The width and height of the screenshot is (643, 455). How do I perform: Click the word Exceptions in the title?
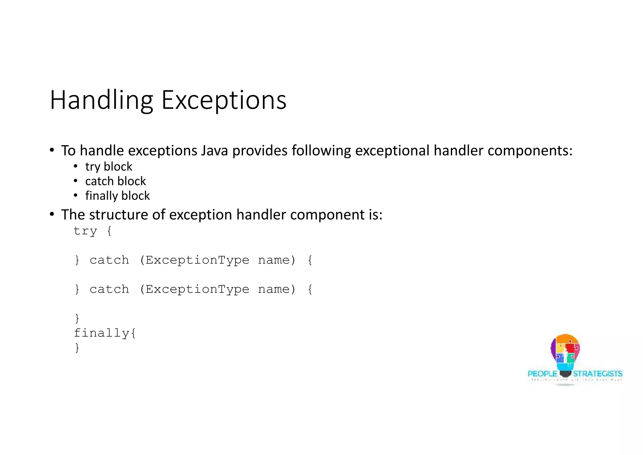224,100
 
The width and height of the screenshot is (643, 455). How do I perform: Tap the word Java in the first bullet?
214,151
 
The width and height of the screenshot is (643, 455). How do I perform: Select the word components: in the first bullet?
530,151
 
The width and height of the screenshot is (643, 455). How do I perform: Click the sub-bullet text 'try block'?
109,167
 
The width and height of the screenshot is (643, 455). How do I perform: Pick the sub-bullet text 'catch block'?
116,181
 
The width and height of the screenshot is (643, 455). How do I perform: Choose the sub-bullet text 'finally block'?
117,196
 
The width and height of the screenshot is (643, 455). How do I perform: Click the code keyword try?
85,231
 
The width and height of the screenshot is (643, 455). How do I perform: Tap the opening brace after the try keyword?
109,231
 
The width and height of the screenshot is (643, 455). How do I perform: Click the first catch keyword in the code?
109,260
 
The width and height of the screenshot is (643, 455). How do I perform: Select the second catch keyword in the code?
109,289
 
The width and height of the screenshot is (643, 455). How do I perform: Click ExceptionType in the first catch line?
197,260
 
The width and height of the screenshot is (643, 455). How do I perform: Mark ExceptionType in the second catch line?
197,289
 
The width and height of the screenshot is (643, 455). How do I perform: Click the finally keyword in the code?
101,333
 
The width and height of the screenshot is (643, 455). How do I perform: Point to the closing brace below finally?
77,348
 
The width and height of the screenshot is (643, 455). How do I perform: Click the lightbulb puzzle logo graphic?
565,354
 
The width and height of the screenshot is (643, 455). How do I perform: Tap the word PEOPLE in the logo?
542,374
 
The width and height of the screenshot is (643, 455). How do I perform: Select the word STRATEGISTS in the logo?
597,374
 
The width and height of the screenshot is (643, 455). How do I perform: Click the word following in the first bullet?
321,151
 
